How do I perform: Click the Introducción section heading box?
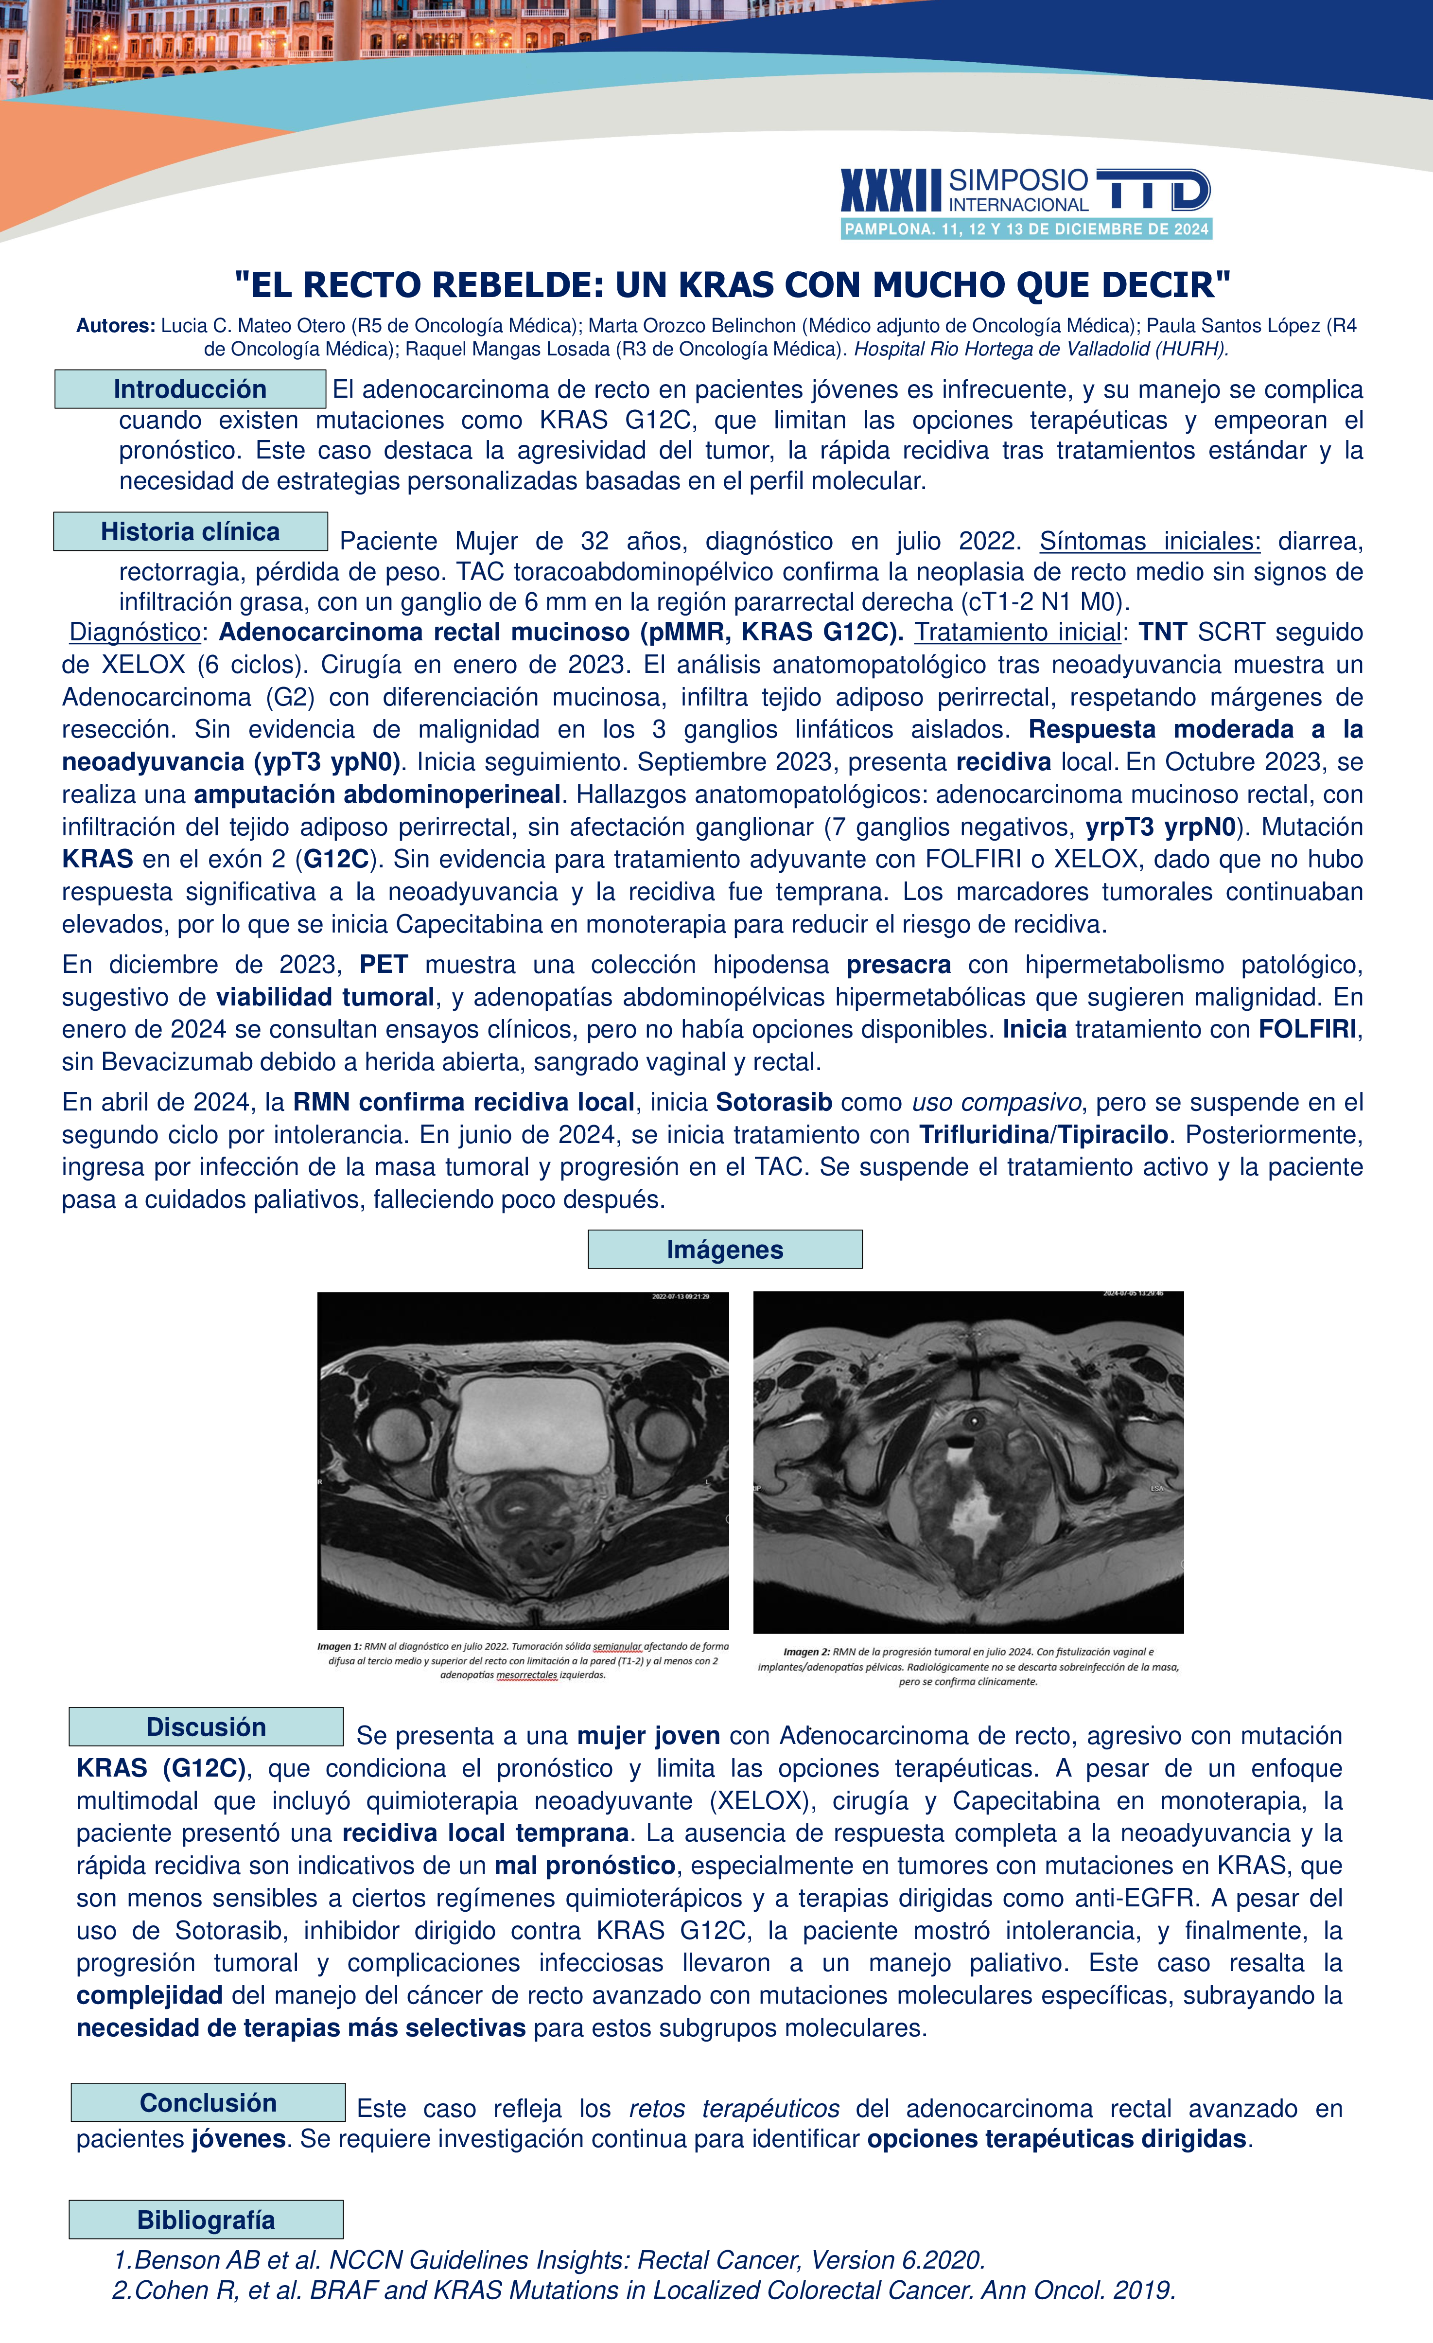[x=190, y=389]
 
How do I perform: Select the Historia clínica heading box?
[x=190, y=531]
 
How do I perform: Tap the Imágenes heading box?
[x=725, y=1250]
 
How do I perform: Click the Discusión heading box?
[x=206, y=1727]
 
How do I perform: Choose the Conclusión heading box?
[x=207, y=2102]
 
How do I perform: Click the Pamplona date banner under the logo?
[x=1026, y=229]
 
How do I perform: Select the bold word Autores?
[x=115, y=326]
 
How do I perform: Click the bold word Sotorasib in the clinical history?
[x=774, y=1102]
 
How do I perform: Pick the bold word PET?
[x=383, y=964]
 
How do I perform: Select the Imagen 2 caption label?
[x=806, y=1652]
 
